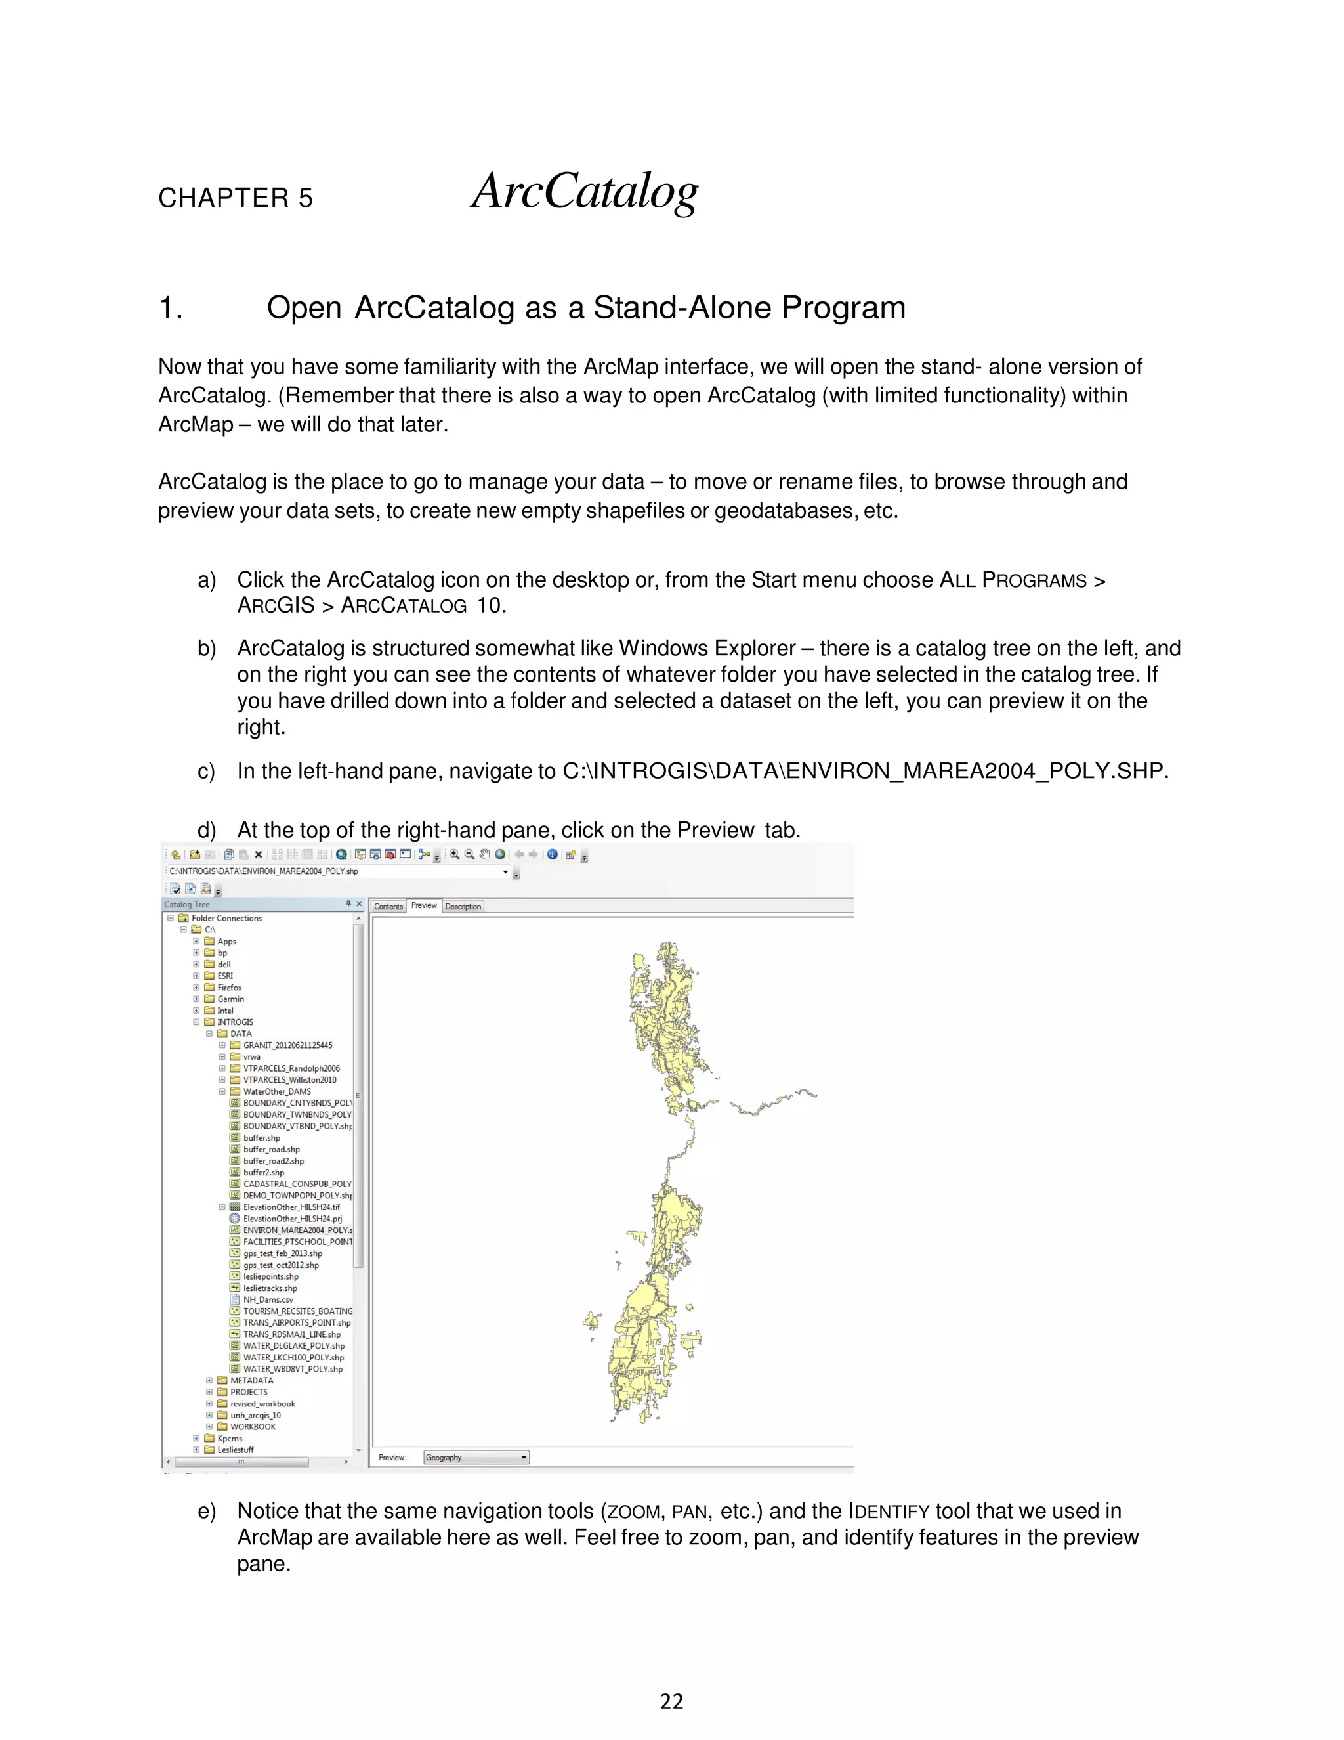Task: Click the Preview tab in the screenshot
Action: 423,906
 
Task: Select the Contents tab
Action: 388,907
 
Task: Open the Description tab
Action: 463,907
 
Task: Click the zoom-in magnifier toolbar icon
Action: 455,855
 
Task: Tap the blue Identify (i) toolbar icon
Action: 552,855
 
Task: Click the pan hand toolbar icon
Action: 484,855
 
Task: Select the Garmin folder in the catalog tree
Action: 230,999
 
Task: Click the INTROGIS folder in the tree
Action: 235,1022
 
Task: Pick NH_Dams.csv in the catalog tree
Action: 268,1299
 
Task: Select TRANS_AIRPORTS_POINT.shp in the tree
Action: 296,1322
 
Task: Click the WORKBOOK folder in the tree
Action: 253,1427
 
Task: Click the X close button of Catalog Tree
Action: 359,904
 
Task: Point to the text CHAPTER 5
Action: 236,198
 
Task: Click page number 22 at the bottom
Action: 671,1702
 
